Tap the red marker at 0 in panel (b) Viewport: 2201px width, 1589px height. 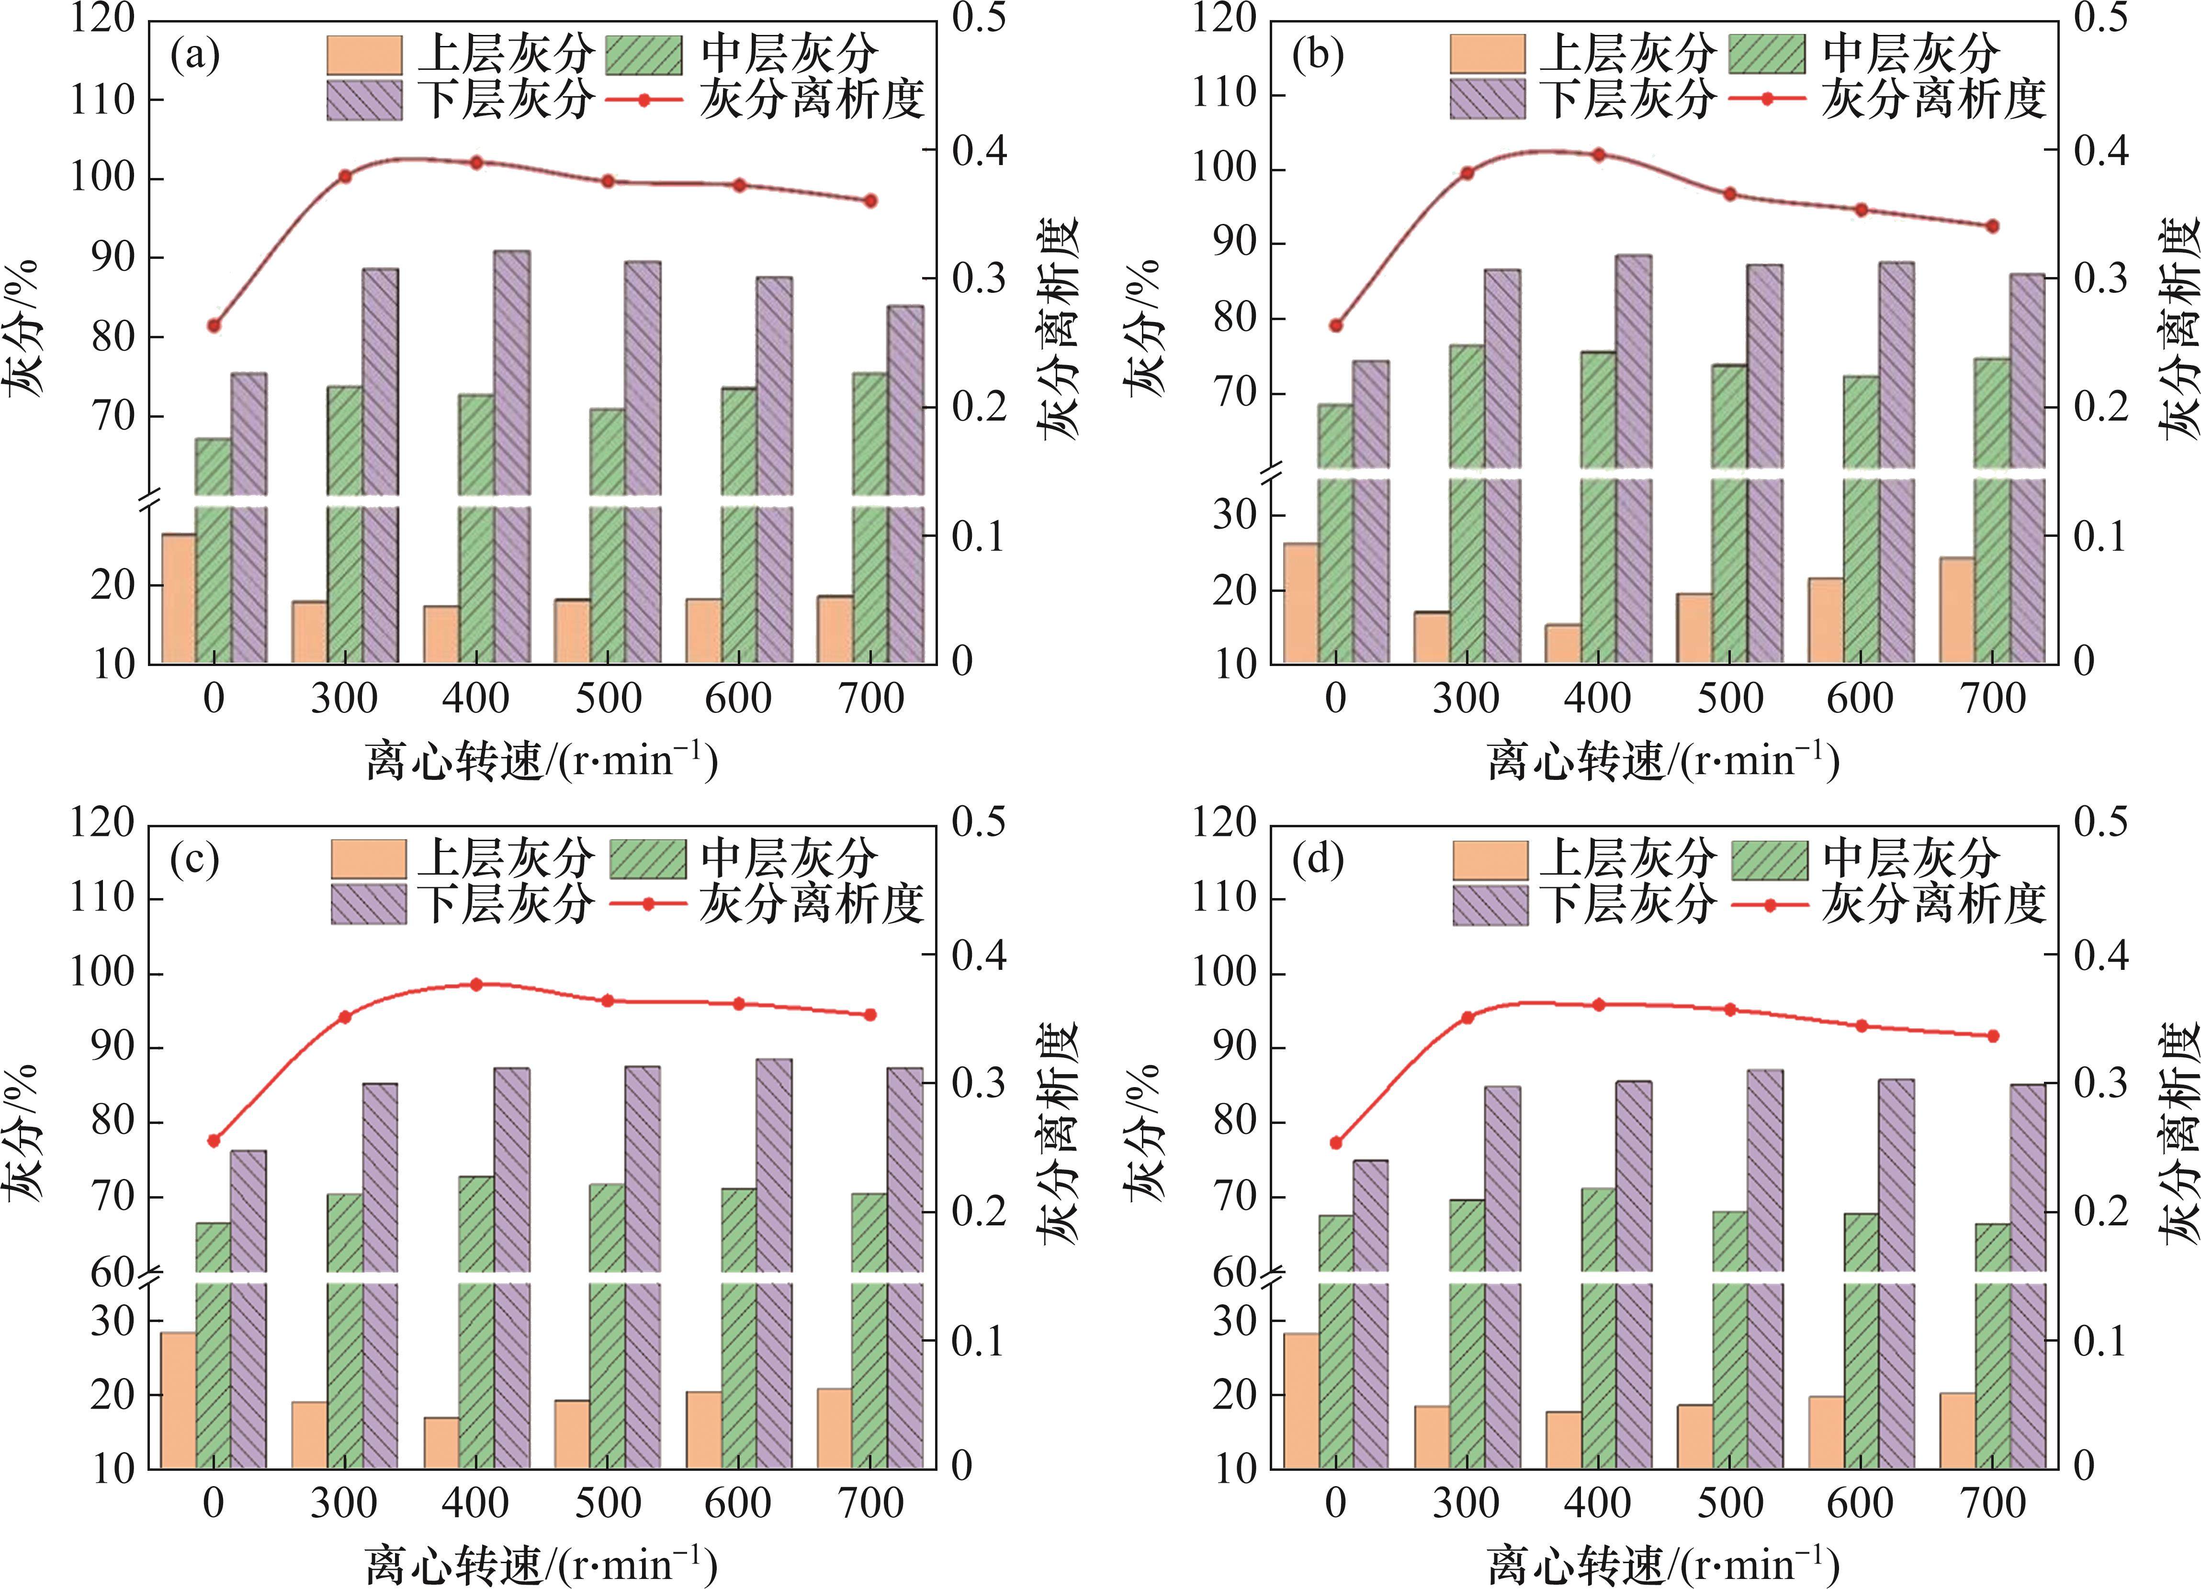1336,326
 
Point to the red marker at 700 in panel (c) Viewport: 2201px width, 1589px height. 869,1015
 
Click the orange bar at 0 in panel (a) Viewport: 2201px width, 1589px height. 179,599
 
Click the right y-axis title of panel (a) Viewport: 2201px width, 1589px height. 1061,330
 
